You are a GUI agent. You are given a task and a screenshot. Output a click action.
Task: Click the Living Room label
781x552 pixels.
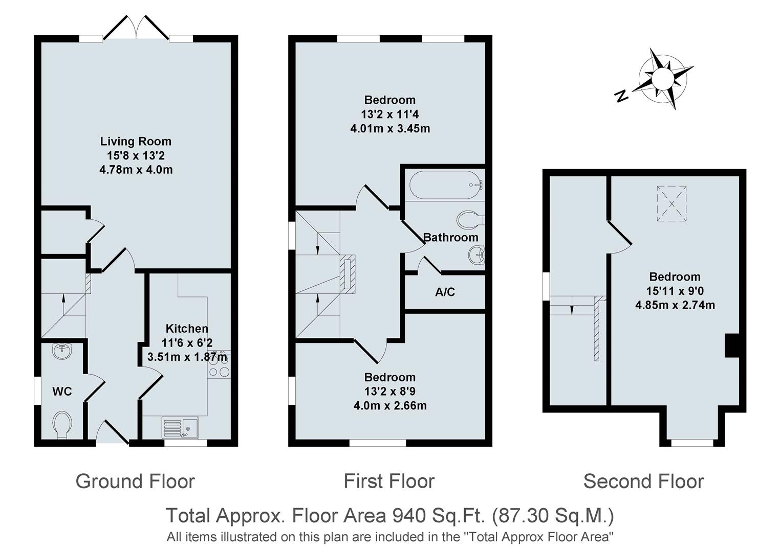tap(136, 142)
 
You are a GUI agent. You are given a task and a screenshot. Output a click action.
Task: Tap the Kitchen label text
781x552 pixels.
tap(187, 329)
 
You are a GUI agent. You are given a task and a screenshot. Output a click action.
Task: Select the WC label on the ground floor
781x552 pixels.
tap(62, 392)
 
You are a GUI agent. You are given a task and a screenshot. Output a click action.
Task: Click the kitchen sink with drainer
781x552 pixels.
tap(180, 427)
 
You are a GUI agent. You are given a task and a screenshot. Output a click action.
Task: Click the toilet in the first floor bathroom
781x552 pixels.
tap(469, 220)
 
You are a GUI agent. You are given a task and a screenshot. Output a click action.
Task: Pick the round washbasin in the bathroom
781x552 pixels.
tap(476, 254)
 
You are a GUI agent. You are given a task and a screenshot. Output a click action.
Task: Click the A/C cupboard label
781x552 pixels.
tap(445, 292)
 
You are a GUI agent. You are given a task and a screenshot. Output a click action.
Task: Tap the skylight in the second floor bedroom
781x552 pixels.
tap(671, 204)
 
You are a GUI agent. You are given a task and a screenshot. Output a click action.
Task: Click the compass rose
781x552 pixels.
tap(663, 79)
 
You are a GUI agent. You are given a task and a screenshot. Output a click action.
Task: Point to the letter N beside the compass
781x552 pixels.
tap(622, 96)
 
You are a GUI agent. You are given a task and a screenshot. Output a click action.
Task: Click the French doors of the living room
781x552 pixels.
tap(136, 28)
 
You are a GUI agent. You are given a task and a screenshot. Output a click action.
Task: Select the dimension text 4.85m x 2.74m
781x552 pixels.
tap(675, 305)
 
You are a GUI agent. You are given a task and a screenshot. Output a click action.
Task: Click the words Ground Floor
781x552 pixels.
tap(135, 481)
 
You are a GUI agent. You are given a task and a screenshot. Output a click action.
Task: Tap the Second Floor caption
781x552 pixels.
tap(643, 481)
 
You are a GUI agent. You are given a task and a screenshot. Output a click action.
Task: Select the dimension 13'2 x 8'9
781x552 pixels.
tap(389, 392)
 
